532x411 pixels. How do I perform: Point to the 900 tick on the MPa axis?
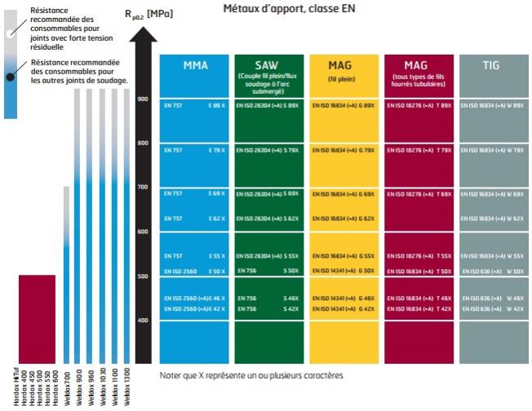coord(143,99)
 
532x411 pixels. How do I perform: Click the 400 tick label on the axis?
coord(143,320)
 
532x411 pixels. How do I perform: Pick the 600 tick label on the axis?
coord(143,232)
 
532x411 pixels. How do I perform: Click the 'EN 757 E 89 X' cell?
coord(194,106)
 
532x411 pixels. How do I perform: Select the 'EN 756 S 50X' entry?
coord(268,270)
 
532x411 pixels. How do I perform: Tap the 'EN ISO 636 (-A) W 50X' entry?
coord(491,270)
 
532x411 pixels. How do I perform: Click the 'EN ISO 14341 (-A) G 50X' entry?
coord(343,270)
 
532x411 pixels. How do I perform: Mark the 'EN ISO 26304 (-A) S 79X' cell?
coord(268,150)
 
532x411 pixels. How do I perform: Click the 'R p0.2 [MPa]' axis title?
coord(150,14)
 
